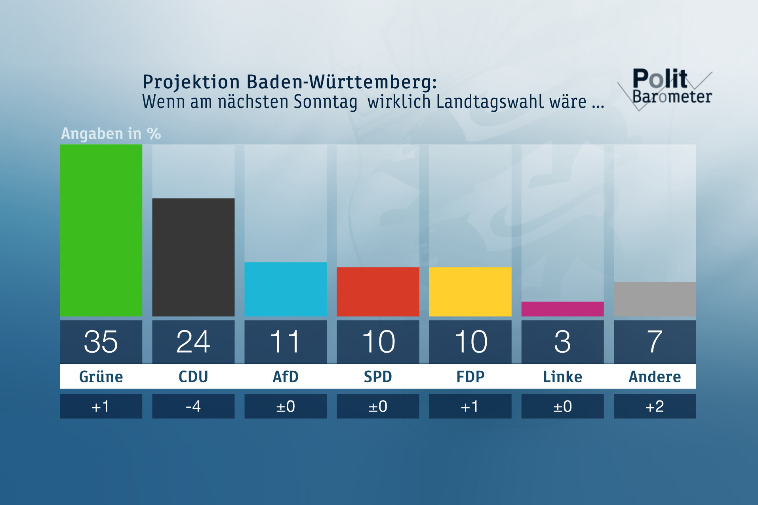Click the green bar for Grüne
click(101, 230)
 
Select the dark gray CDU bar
click(193, 257)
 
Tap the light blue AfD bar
click(286, 289)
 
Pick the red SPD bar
click(378, 292)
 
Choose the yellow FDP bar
click(470, 292)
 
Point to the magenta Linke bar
click(562, 309)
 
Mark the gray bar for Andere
click(655, 299)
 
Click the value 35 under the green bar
click(101, 342)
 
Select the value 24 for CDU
click(193, 342)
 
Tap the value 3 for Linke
click(562, 342)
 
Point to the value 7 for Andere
click(655, 342)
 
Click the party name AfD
click(286, 377)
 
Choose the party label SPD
click(378, 377)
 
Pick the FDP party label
click(470, 377)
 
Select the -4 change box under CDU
click(193, 406)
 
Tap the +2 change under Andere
click(655, 406)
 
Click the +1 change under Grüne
click(101, 406)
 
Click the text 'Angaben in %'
click(111, 134)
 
